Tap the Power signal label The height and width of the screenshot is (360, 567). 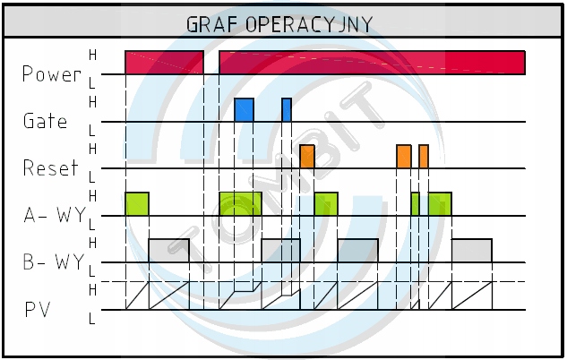click(52, 74)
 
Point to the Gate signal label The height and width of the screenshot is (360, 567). click(45, 121)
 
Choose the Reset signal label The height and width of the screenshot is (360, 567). click(50, 167)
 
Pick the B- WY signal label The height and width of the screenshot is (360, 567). click(54, 262)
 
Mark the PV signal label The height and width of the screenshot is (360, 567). click(38, 310)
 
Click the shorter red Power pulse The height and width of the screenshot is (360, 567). click(164, 63)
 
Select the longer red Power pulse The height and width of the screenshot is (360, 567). click(372, 63)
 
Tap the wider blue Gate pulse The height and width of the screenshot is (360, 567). click(244, 110)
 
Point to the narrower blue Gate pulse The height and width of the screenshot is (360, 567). click(287, 110)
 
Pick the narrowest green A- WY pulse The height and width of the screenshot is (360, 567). click(415, 204)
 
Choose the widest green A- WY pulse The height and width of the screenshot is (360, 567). click(241, 204)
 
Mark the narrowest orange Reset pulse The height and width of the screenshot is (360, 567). click(424, 157)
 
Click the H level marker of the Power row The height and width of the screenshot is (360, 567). click(92, 56)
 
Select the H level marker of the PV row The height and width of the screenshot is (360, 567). click(92, 290)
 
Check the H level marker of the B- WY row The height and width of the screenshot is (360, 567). click(92, 243)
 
